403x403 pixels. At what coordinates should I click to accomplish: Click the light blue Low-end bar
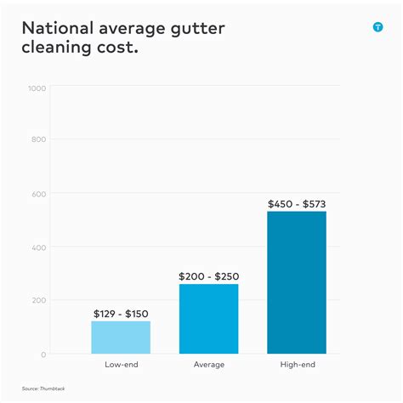[121, 338]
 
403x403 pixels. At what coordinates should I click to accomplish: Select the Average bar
[208, 319]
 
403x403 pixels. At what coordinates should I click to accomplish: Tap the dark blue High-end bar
[297, 282]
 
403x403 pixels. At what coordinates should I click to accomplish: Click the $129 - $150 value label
[121, 314]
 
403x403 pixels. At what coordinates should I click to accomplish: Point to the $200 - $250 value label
[208, 276]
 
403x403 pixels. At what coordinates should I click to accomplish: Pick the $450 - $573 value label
[297, 204]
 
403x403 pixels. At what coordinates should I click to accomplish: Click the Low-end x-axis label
[121, 365]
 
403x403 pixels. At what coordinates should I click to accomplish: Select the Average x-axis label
[208, 365]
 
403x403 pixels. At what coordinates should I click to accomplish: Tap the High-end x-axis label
[297, 365]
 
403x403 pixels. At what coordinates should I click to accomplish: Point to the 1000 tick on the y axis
[37, 87]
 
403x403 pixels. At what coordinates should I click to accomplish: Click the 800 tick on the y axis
[38, 139]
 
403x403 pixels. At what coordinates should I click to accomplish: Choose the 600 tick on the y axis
[38, 194]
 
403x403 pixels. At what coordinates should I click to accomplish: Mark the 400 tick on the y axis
[38, 247]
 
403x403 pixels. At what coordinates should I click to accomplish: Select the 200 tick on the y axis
[38, 301]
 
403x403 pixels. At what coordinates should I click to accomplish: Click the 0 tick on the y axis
[43, 355]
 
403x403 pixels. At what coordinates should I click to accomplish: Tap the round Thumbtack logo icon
[377, 27]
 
